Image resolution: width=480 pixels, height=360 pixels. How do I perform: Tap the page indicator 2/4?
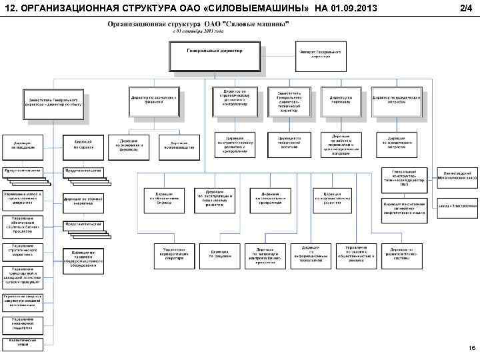click(x=465, y=8)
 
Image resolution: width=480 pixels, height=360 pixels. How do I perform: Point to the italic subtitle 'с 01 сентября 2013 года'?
click(x=199, y=31)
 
